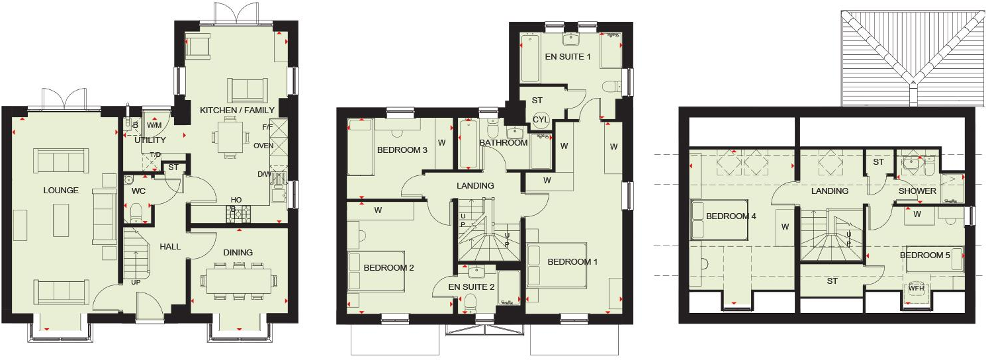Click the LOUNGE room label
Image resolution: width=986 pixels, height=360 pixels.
click(61, 191)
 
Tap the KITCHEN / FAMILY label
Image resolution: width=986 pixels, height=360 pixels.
click(237, 110)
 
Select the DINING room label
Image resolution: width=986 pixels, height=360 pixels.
click(238, 252)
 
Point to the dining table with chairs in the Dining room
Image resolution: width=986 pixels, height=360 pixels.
click(239, 280)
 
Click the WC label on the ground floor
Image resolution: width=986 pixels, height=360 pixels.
click(138, 191)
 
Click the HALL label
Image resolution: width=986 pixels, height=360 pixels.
click(170, 247)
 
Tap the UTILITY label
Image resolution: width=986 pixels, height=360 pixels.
click(150, 140)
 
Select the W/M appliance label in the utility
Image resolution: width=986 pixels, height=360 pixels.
click(154, 125)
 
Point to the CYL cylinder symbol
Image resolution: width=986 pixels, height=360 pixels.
click(541, 120)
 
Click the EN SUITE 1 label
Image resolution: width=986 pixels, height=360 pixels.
click(568, 57)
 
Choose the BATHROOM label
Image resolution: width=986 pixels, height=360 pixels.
click(503, 142)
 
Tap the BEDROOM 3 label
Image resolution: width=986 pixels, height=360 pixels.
click(402, 150)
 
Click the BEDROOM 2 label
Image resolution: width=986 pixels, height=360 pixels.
click(388, 268)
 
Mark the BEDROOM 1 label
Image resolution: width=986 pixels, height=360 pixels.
click(572, 262)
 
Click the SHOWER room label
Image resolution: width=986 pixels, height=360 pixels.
click(917, 191)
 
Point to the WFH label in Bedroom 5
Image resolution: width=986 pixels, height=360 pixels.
click(916, 289)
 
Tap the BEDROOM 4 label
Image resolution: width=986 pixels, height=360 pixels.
click(731, 216)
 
